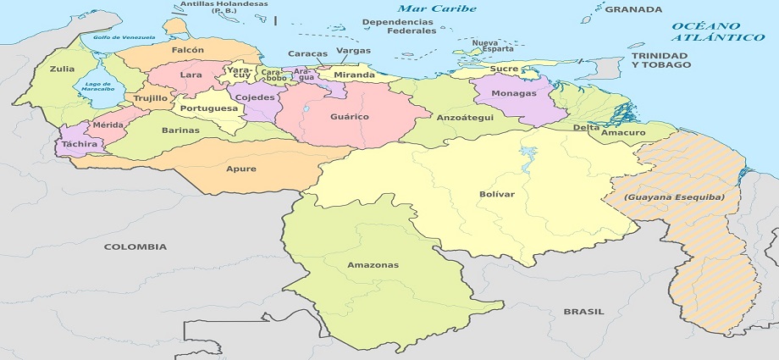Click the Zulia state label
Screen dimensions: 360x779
(62, 69)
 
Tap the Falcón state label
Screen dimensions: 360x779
(187, 50)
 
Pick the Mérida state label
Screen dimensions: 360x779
(108, 125)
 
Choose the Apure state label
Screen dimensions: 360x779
(240, 168)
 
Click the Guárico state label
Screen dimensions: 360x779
(350, 116)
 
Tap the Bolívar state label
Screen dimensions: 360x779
(496, 194)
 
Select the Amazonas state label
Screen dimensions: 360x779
(373, 265)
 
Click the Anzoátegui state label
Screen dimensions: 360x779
(464, 118)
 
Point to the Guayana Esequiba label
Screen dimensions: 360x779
(680, 197)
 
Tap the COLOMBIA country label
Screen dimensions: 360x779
(135, 246)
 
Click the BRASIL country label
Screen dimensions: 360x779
(584, 312)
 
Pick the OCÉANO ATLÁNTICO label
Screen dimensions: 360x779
(718, 32)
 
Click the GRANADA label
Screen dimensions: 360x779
(633, 9)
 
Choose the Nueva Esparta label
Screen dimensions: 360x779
(485, 46)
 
